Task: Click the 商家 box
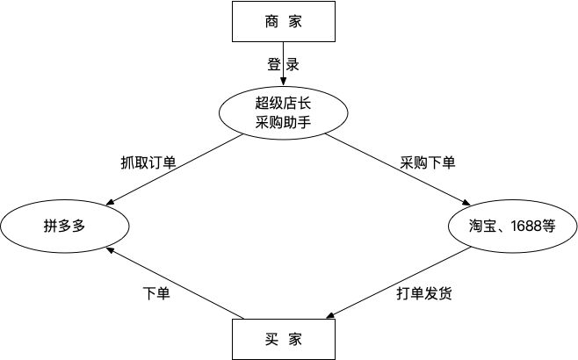coord(283,21)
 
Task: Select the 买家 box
coord(283,339)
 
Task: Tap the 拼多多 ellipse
coord(61,224)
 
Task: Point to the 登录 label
coord(283,64)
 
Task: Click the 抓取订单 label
coord(148,162)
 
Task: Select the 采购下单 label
coord(428,162)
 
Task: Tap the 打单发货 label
coord(424,294)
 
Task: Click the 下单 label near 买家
coord(156,292)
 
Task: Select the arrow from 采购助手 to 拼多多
coord(176,172)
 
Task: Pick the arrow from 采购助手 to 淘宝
coord(395,172)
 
